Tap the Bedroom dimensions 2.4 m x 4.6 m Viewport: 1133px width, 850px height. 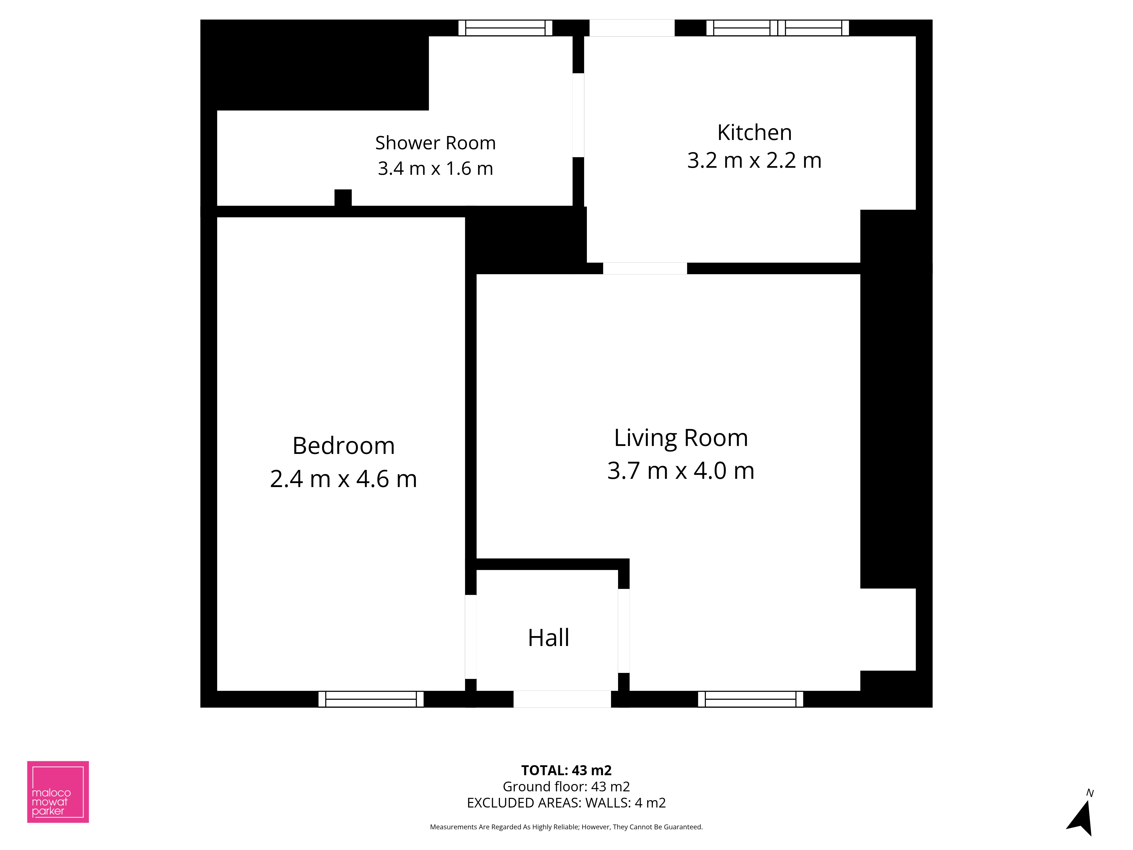[343, 479]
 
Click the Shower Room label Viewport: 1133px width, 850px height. [435, 143]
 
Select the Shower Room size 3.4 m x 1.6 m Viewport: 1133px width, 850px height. [435, 169]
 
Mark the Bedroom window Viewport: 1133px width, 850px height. [371, 699]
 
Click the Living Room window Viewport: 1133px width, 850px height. [750, 699]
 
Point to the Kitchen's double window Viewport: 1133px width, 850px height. [778, 28]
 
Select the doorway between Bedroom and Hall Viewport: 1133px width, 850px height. [471, 637]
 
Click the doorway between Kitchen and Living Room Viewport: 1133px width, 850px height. [645, 269]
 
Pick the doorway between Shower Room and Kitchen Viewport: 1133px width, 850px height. [578, 115]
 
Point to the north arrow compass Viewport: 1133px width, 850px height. [1082, 815]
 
